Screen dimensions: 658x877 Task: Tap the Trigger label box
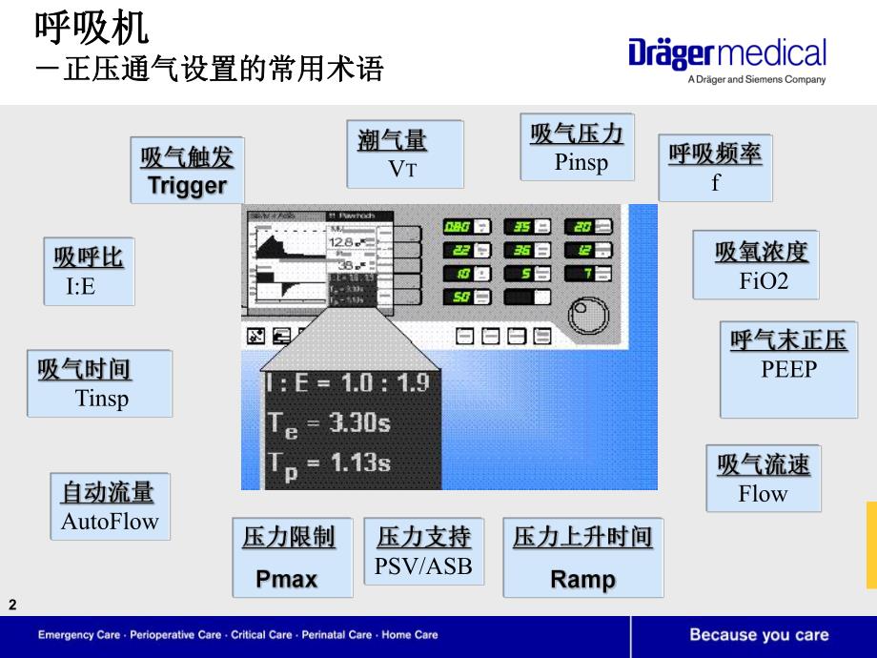click(x=187, y=170)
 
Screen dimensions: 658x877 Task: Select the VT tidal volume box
click(x=404, y=154)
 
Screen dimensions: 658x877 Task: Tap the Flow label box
click(x=763, y=478)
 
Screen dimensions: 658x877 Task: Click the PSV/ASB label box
click(x=423, y=552)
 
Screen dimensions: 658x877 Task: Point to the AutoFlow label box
click(x=110, y=505)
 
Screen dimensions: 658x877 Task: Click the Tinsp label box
click(x=100, y=383)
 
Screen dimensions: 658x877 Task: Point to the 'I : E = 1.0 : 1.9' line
click(x=347, y=383)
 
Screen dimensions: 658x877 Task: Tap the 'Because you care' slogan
click(x=759, y=635)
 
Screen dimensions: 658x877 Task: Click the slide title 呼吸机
click(x=92, y=28)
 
